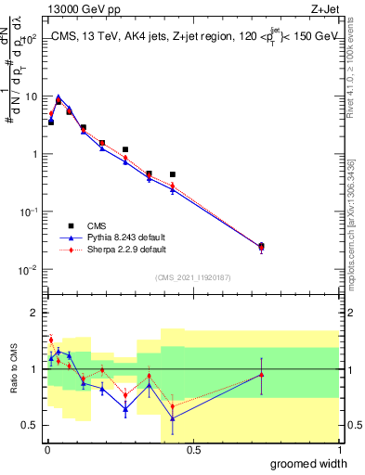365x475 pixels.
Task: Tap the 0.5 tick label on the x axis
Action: pos(193,450)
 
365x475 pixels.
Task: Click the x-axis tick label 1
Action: pos(339,450)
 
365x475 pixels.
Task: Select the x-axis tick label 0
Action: pos(47,450)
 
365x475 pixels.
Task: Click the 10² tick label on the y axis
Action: pos(30,39)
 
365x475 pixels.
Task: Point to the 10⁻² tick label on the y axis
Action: pos(30,270)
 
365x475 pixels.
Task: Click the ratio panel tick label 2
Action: pos(35,313)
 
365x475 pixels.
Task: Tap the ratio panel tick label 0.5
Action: pos(32,426)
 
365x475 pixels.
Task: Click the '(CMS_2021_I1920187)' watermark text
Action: pos(193,277)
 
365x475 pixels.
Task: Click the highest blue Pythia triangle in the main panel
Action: pos(59,97)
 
